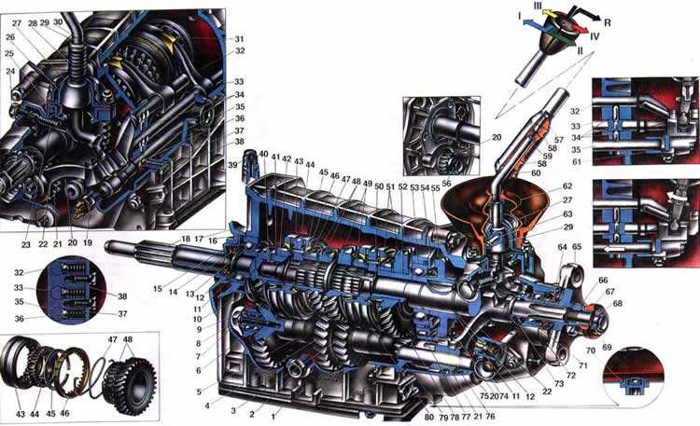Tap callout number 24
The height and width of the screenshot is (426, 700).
click(x=10, y=71)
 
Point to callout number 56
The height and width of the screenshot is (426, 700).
click(x=446, y=184)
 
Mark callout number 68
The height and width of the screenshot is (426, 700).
click(x=618, y=302)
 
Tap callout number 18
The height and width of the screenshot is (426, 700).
click(x=186, y=240)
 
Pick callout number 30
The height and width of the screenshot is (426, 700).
click(x=58, y=21)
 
